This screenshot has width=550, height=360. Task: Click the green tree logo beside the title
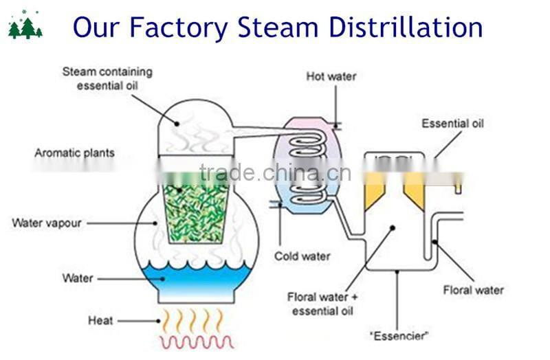25,27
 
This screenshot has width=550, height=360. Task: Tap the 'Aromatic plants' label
74,153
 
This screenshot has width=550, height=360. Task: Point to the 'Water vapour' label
47,223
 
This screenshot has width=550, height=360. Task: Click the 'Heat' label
100,320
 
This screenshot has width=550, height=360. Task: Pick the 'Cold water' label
302,256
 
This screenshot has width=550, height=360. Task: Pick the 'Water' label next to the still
78,278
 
